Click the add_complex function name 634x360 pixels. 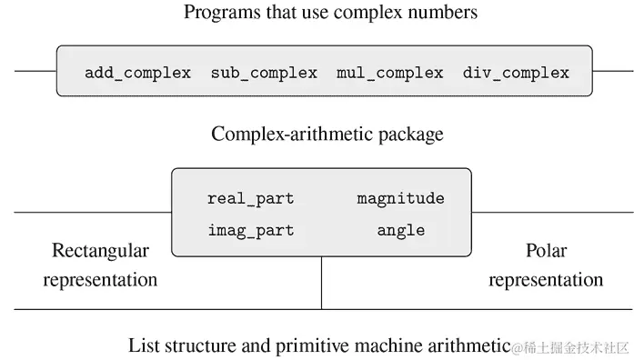pyautogui.click(x=137, y=73)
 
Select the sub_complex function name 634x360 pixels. pyautogui.click(x=264, y=73)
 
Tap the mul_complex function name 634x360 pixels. pyautogui.click(x=389, y=73)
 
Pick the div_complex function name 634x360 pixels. pyautogui.click(x=516, y=73)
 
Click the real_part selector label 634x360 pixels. pyautogui.click(x=251, y=198)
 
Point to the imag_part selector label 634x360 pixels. pyautogui.click(x=251, y=230)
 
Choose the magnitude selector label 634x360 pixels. pyautogui.click(x=400, y=198)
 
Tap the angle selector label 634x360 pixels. pyautogui.click(x=401, y=230)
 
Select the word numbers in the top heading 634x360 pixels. pyautogui.click(x=446, y=13)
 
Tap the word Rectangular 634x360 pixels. pyautogui.click(x=100, y=250)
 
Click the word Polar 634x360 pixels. pyautogui.click(x=546, y=250)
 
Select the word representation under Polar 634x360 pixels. pyautogui.click(x=546, y=280)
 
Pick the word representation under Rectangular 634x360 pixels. pyautogui.click(x=100, y=280)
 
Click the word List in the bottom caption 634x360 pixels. pyautogui.click(x=145, y=345)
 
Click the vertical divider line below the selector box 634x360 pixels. pyautogui.click(x=322, y=284)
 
